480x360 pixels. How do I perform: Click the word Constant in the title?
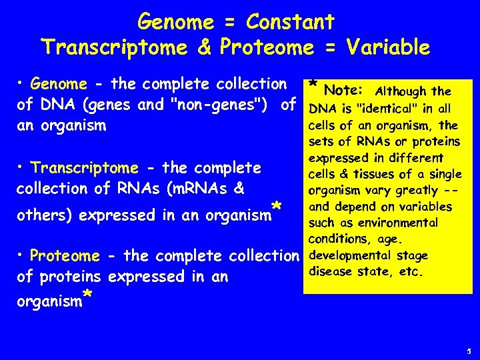tap(290, 22)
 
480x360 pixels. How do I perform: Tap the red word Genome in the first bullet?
tap(59, 84)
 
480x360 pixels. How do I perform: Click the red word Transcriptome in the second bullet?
tap(85, 167)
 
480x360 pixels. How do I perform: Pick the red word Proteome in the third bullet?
tap(65, 256)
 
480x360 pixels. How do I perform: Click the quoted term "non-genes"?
tap(229, 105)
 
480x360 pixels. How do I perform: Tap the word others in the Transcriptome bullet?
tap(41, 215)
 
